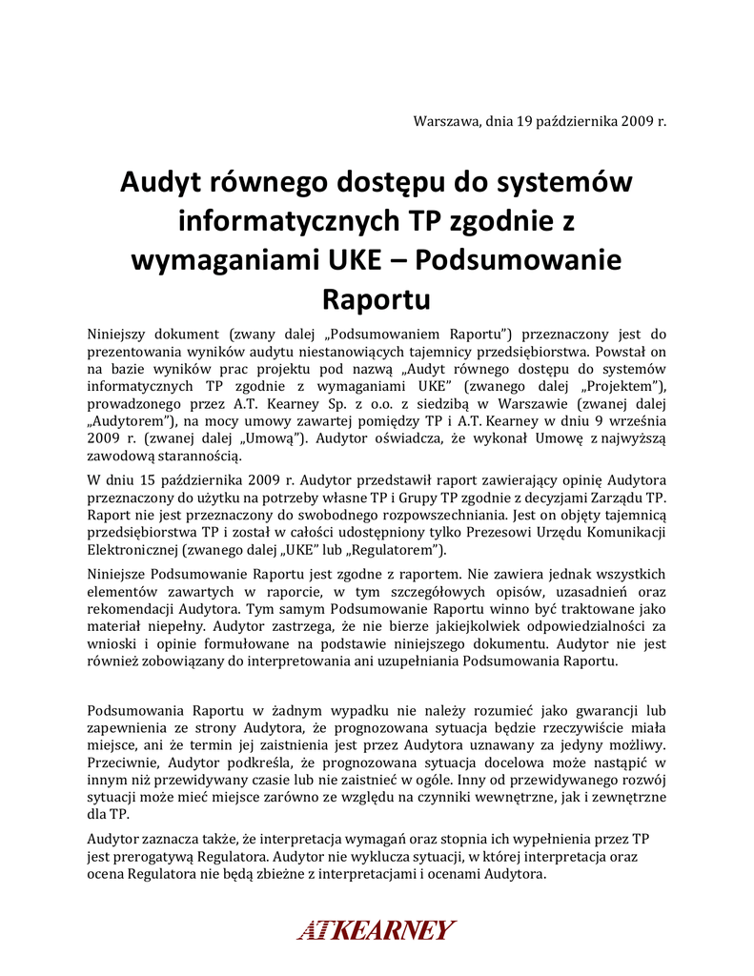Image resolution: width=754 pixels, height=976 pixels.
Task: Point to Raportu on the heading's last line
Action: [377, 298]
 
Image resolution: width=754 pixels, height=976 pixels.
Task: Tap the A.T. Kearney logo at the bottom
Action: [377, 929]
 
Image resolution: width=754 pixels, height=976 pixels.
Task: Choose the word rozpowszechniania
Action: [422, 513]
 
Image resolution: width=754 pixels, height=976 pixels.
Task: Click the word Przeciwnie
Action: [124, 763]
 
